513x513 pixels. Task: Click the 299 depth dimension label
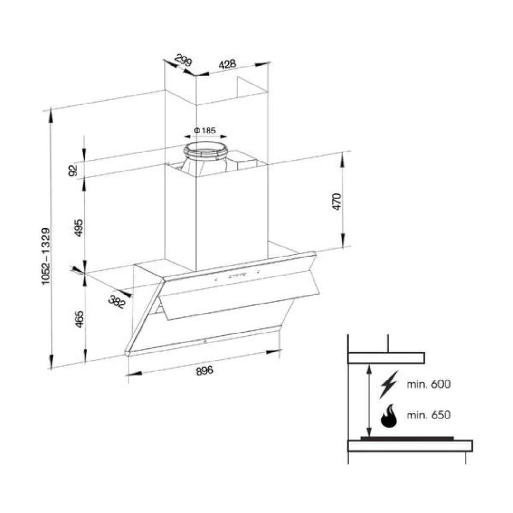pos(183,61)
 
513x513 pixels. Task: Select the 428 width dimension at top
pos(228,64)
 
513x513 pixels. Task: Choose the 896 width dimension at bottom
pos(204,370)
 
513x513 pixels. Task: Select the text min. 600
pos(428,384)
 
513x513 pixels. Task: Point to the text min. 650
pos(428,415)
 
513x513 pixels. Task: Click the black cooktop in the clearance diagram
pos(407,438)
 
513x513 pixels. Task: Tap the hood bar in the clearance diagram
pos(386,358)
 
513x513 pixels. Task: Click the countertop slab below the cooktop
pos(410,446)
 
